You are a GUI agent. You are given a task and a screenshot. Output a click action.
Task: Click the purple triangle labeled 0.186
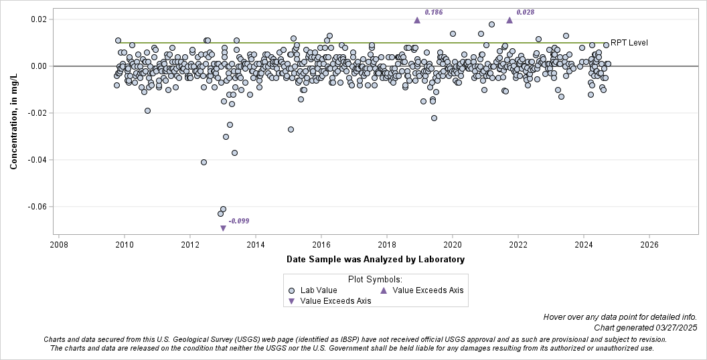pos(416,20)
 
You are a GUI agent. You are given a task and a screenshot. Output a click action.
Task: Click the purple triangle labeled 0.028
pos(509,20)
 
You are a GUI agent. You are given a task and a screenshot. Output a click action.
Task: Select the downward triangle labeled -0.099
pos(223,228)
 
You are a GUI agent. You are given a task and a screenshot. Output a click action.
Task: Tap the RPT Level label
pos(629,43)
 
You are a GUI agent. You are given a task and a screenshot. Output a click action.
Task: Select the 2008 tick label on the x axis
pos(59,245)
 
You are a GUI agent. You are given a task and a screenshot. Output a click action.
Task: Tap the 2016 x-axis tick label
pos(321,245)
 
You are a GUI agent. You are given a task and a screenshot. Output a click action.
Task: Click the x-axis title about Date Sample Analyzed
pos(375,259)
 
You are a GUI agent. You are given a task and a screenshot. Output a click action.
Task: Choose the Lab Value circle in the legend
pos(291,290)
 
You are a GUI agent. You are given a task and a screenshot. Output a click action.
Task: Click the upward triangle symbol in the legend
pos(384,290)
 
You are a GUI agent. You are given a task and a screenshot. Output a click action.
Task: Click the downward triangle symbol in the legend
pos(291,301)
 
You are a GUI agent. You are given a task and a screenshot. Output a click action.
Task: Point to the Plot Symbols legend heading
pos(374,279)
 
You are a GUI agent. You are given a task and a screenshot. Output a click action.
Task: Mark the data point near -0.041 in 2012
pos(204,162)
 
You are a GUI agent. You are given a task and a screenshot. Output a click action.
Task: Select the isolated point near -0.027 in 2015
pos(291,129)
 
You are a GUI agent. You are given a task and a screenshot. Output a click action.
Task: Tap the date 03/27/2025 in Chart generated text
pos(674,327)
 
